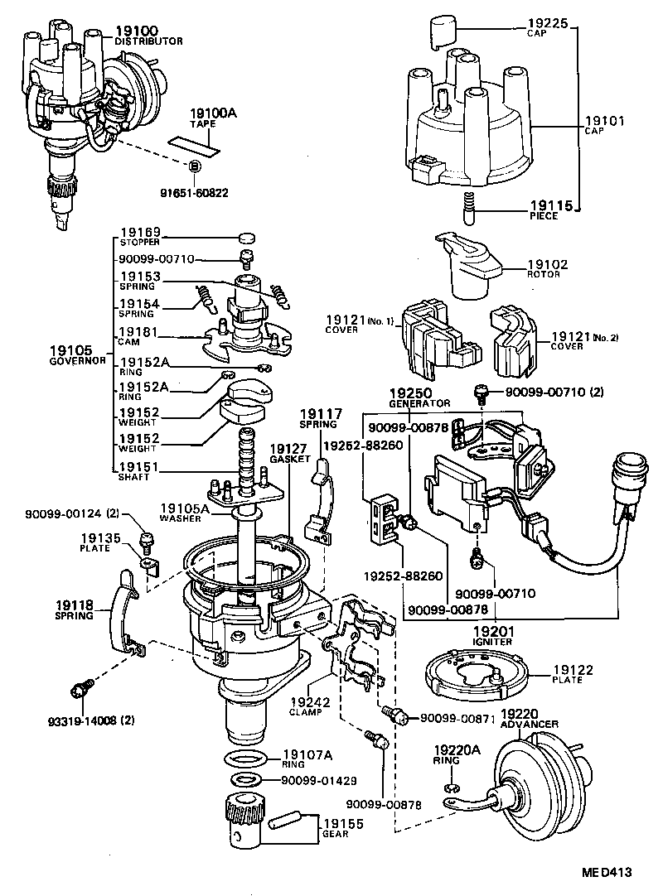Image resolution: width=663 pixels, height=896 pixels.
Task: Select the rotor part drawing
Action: (x=469, y=265)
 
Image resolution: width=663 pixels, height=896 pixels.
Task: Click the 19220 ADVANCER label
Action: (x=530, y=718)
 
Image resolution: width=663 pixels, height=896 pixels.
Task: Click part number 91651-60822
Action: (x=194, y=193)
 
